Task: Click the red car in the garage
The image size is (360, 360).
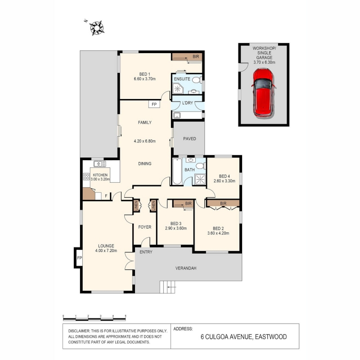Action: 263,93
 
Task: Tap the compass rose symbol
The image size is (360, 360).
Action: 97,28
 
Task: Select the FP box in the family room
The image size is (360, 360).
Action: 154,104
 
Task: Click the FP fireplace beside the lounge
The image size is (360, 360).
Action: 79,258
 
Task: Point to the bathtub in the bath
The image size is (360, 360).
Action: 177,171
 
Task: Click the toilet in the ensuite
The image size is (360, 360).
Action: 197,81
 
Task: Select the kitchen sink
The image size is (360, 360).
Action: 100,164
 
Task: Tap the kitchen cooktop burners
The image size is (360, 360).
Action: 86,176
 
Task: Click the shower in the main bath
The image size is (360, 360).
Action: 200,179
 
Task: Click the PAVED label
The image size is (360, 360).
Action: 189,139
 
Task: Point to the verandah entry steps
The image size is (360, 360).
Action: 167,287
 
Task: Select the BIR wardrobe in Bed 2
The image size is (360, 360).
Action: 223,203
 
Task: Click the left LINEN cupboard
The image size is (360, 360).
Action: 136,206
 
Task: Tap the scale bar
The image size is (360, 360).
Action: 94,318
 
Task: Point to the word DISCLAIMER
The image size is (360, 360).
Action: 79,331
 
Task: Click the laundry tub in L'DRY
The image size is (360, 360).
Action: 177,115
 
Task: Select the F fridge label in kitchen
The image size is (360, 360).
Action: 106,196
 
